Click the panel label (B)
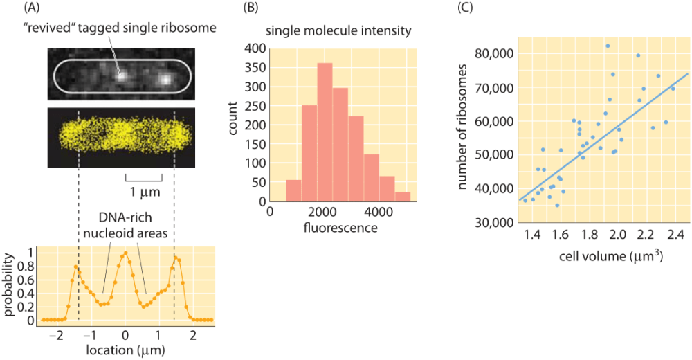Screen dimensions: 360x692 (251, 9)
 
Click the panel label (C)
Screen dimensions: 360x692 (468, 9)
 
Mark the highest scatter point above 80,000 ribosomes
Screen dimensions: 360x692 (608, 46)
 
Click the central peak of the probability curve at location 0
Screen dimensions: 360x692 (125, 253)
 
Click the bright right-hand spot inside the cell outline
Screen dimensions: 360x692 (165, 78)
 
